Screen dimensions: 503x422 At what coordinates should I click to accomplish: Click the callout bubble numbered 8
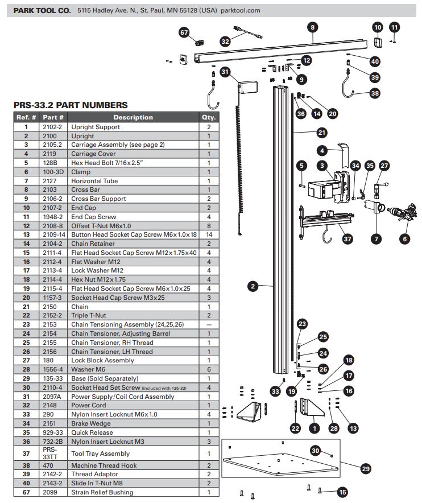pyautogui.click(x=312, y=26)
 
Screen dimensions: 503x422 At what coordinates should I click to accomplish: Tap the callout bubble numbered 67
pyautogui.click(x=184, y=33)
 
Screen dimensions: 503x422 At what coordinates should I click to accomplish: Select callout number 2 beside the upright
pyautogui.click(x=253, y=286)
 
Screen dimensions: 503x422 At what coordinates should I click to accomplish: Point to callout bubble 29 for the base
pyautogui.click(x=366, y=469)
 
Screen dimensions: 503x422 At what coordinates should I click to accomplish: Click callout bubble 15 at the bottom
pyautogui.click(x=342, y=492)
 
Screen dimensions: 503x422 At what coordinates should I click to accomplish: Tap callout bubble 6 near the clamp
pyautogui.click(x=404, y=239)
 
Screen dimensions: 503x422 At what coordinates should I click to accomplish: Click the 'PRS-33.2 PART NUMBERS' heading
pyautogui.click(x=70, y=105)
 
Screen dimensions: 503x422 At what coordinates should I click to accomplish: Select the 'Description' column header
pyautogui.click(x=133, y=117)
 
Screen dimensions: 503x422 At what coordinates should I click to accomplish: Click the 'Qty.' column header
pyautogui.click(x=209, y=117)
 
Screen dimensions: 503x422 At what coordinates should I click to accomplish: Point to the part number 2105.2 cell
pyautogui.click(x=55, y=145)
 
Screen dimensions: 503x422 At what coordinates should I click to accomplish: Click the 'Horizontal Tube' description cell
pyautogui.click(x=94, y=181)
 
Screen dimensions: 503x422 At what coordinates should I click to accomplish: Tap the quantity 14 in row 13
pyautogui.click(x=209, y=234)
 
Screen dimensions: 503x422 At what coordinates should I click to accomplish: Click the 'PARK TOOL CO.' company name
pyautogui.click(x=43, y=10)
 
